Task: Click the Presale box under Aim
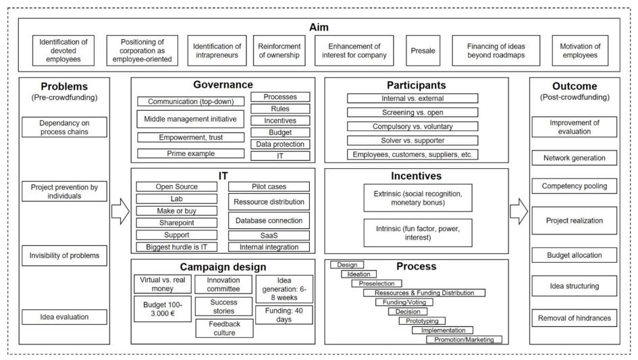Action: [423, 51]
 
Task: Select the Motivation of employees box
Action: [580, 51]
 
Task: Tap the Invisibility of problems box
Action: [64, 255]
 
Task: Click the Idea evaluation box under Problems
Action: [64, 317]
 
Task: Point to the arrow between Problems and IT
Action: [120, 211]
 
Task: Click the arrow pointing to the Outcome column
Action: [519, 211]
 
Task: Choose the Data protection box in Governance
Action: [280, 144]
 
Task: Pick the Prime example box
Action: [191, 153]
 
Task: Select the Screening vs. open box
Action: [413, 112]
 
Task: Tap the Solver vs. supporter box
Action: [413, 140]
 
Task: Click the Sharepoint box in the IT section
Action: [177, 223]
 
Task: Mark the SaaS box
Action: [269, 235]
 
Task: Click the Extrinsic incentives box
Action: [418, 198]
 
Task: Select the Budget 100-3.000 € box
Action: [162, 309]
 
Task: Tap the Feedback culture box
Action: [224, 328]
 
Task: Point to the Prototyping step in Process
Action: [422, 321]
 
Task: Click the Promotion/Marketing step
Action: [464, 339]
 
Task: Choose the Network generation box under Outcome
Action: [574, 158]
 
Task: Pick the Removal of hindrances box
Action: [574, 318]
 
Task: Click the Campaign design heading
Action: [223, 267]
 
